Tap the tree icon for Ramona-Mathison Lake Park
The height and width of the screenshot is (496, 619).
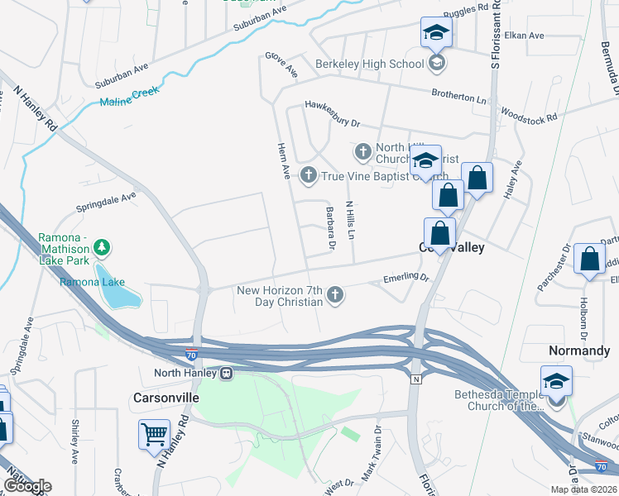[102, 247]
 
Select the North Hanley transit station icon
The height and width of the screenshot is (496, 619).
[226, 373]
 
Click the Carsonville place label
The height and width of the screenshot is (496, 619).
[166, 398]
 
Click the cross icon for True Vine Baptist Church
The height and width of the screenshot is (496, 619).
[309, 174]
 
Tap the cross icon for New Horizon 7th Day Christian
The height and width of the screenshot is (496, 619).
[335, 294]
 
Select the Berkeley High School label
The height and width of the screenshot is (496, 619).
[369, 64]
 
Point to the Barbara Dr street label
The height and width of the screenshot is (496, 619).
[331, 228]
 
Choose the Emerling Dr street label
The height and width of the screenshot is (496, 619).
[406, 279]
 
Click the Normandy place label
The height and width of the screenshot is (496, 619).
[579, 351]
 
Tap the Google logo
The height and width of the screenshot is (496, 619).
[28, 486]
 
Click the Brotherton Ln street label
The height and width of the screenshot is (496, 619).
[458, 96]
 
